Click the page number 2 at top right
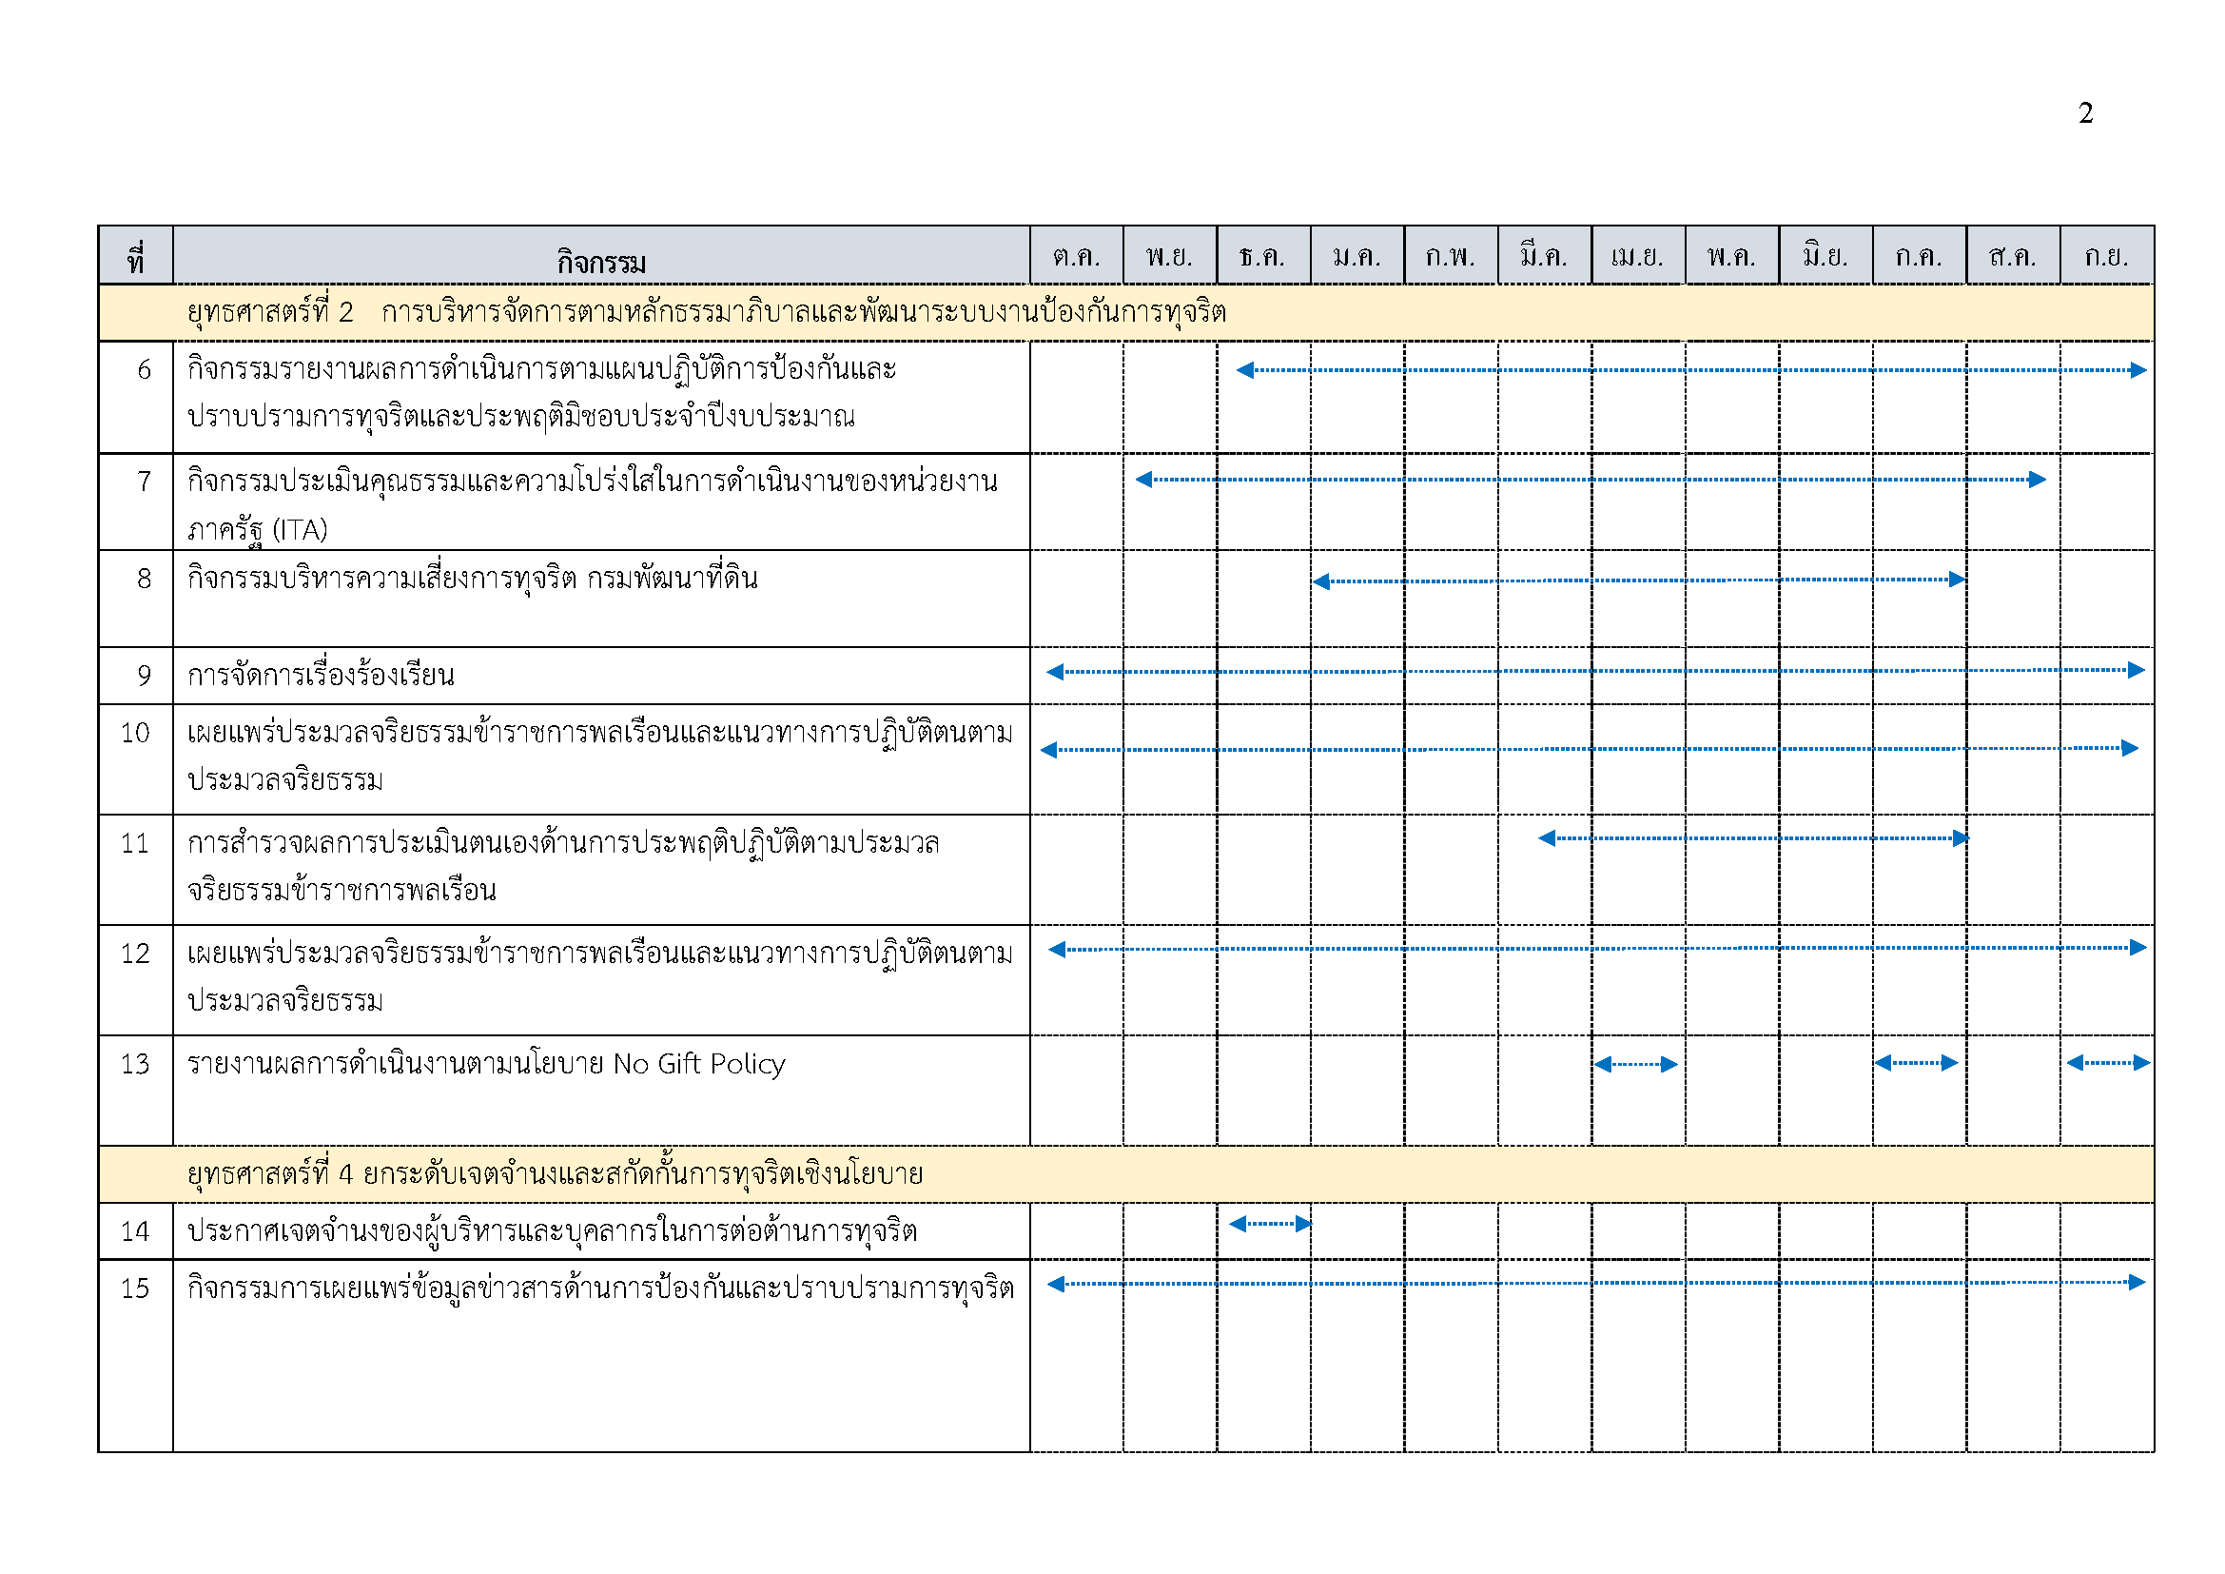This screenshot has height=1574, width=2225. tap(2085, 113)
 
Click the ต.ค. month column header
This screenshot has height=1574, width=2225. tap(1076, 257)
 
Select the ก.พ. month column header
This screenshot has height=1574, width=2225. tap(1450, 257)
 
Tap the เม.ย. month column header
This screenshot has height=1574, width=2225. tap(1637, 257)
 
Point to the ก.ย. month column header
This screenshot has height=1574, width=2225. tap(2106, 257)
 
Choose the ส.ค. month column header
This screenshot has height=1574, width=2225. tap(2012, 257)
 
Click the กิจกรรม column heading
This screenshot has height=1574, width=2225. tap(601, 262)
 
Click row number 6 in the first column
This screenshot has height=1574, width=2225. tap(144, 369)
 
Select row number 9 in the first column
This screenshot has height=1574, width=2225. tap(144, 675)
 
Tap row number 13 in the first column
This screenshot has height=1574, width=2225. tap(135, 1064)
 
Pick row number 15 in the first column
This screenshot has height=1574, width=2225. tap(135, 1289)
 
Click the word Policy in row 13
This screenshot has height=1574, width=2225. tap(747, 1064)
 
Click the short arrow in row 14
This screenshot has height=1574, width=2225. tap(1270, 1224)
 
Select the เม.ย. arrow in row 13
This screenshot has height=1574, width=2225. tap(1636, 1064)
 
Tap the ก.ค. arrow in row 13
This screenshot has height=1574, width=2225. tap(1916, 1063)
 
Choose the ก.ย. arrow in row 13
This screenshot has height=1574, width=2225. tap(2108, 1063)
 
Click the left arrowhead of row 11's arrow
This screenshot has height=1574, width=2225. tap(1548, 838)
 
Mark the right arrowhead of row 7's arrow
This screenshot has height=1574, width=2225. tap(2037, 480)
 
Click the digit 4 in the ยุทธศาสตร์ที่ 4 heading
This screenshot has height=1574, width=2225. tap(345, 1174)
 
